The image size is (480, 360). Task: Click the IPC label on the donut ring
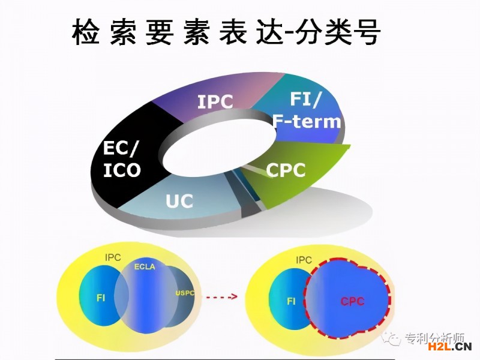[215, 102]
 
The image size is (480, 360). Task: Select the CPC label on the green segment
[286, 170]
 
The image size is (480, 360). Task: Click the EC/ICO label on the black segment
[122, 159]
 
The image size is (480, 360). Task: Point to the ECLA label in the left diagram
[145, 266]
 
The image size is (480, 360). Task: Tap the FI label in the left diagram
[101, 296]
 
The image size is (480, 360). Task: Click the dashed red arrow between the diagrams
[221, 296]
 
